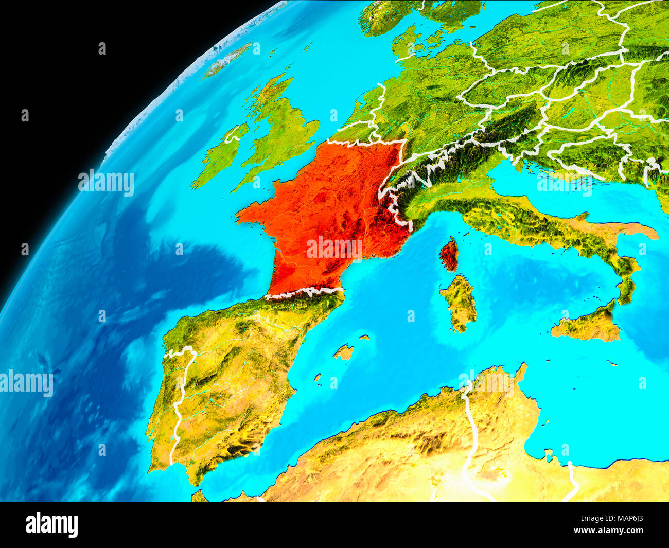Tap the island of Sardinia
click(x=459, y=303)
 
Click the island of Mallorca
click(x=343, y=352)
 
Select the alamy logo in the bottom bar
click(x=51, y=525)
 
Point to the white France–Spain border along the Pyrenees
click(x=304, y=292)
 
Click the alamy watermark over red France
click(x=334, y=248)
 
